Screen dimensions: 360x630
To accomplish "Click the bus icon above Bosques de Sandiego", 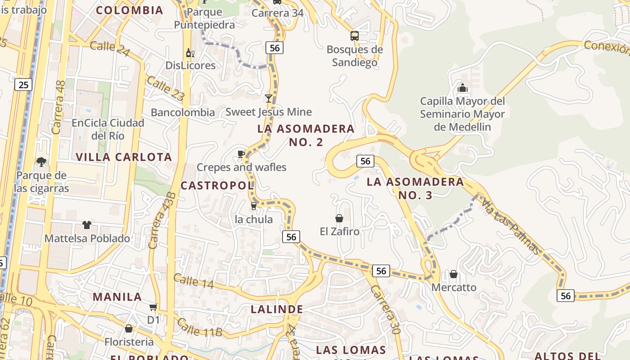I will coord(355,36).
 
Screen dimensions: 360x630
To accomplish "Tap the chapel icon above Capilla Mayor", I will coord(462,88).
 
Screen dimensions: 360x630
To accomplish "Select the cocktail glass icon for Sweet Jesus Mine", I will coord(269,98).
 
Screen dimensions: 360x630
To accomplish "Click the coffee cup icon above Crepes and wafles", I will coord(241,154).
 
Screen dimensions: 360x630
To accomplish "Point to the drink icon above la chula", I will coord(253,206).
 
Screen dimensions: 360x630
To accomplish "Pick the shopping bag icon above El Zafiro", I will coord(339,218).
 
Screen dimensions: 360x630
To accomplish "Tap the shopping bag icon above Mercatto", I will coord(454,274).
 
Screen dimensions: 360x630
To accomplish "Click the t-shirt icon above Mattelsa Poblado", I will coord(87,225).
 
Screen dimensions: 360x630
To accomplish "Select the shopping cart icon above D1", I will coord(153,307).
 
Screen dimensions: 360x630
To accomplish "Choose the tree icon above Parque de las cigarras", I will coord(41,162).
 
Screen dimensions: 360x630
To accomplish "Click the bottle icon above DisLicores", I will coord(190,53).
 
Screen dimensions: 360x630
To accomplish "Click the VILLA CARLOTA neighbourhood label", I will coord(124,157).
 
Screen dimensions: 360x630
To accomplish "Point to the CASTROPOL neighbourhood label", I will coord(217,185).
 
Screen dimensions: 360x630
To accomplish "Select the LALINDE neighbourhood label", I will coord(277,310).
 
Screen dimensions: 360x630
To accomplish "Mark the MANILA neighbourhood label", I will coord(117,297).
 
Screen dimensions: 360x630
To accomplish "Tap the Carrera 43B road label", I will coord(163,220).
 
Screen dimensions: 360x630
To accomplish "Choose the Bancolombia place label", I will coord(183,112).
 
